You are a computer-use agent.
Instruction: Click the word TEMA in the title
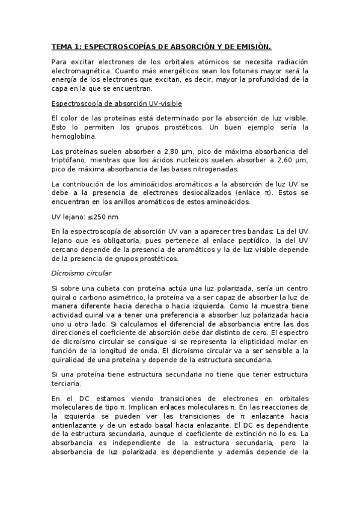click(61, 46)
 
